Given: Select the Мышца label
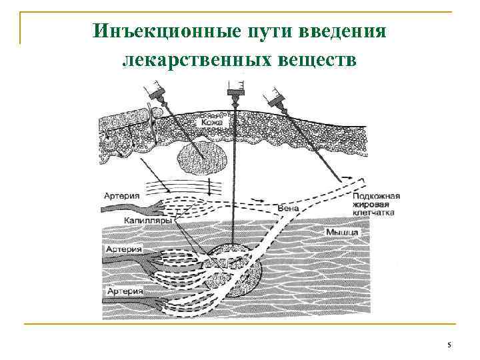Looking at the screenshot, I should pos(343,232).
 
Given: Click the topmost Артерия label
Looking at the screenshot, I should pos(122,195).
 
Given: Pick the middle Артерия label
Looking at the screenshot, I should pos(123,249).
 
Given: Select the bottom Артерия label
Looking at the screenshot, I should pos(123,292).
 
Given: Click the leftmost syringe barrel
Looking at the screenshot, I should pos(151,89).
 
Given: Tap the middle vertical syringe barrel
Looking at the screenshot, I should pos(235,86).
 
